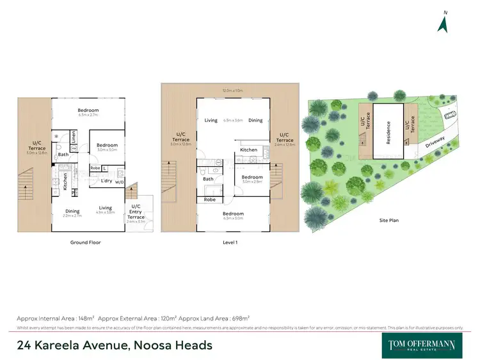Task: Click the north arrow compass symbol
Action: pyautogui.click(x=442, y=23)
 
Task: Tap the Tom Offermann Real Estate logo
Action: pyautogui.click(x=422, y=345)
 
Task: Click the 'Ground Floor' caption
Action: pyautogui.click(x=85, y=242)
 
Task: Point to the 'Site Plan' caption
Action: pyautogui.click(x=388, y=220)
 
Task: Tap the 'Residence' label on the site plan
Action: pyautogui.click(x=388, y=133)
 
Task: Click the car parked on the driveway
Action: pyautogui.click(x=449, y=116)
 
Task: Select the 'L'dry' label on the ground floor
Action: pyautogui.click(x=107, y=181)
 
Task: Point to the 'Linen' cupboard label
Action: pyautogui.click(x=74, y=136)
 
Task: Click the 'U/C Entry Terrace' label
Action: pyautogui.click(x=136, y=212)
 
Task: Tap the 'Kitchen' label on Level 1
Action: pyautogui.click(x=248, y=150)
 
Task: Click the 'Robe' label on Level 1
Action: pyautogui.click(x=210, y=200)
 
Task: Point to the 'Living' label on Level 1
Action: pyautogui.click(x=211, y=120)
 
